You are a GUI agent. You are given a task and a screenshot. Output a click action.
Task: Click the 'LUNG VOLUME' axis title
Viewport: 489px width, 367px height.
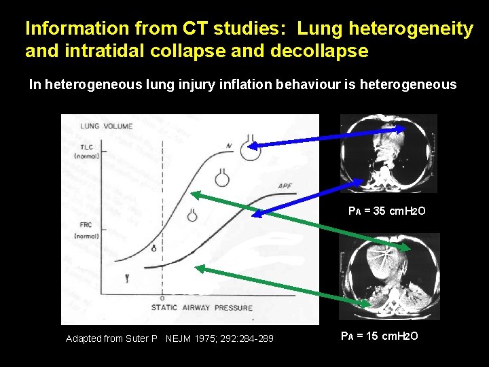pos(107,126)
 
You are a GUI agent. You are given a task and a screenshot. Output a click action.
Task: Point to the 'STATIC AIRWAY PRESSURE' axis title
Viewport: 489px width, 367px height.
pos(202,308)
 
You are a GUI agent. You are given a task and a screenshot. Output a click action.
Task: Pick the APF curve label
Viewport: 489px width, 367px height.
pos(285,186)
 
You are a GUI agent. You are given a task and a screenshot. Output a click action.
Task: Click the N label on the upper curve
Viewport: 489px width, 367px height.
pos(230,145)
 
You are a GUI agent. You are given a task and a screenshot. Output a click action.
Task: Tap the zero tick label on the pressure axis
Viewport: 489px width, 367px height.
pos(162,298)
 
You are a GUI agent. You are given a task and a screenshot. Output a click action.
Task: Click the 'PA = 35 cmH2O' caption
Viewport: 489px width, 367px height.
pos(386,211)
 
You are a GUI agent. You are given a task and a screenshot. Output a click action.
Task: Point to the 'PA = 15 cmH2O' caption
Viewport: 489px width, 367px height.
pos(378,336)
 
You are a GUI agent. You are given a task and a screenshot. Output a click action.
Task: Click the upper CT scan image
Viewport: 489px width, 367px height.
pos(388,153)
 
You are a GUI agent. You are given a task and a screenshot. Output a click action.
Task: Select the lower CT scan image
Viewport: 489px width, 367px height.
pos(389,277)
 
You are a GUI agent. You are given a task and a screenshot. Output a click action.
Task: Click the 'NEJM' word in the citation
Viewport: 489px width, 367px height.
pos(179,338)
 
